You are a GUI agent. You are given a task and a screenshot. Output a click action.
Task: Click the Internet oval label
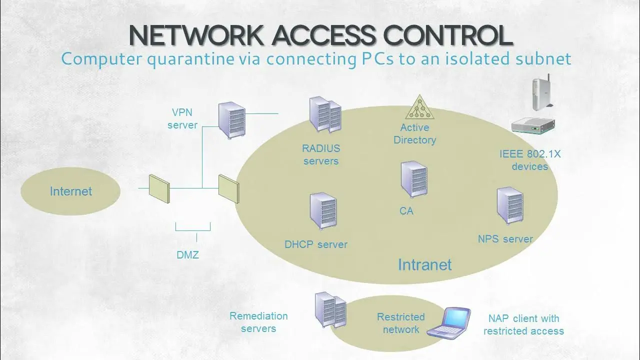point(71,191)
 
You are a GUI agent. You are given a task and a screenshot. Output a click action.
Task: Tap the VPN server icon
point(231,120)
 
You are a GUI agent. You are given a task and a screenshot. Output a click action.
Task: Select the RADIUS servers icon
point(325,115)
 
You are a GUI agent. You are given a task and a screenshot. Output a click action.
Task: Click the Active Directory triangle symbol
point(419,107)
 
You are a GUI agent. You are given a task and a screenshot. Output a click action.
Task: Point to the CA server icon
point(414,179)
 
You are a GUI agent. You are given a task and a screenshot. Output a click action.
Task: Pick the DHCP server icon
point(323,211)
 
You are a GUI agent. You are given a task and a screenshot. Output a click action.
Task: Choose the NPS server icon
point(510,205)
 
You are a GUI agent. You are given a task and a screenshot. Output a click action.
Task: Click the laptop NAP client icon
point(449,323)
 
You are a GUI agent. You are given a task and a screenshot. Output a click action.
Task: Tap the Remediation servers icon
point(330,310)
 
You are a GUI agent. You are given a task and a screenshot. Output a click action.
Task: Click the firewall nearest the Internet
point(159,189)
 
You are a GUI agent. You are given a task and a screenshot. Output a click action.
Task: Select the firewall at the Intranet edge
point(229,189)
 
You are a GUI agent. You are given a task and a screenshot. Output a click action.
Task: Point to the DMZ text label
point(187,255)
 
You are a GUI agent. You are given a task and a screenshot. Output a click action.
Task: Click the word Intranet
point(425,264)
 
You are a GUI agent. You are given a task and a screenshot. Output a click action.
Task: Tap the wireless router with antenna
point(542,92)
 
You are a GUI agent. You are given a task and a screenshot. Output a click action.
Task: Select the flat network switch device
point(533,125)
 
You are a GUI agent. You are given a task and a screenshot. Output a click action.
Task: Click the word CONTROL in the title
point(448,35)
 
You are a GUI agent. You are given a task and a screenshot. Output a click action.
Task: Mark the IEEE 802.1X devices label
point(530,160)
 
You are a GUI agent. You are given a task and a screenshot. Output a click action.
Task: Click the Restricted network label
point(401,323)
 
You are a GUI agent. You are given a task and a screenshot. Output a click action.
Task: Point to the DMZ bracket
point(193,230)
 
